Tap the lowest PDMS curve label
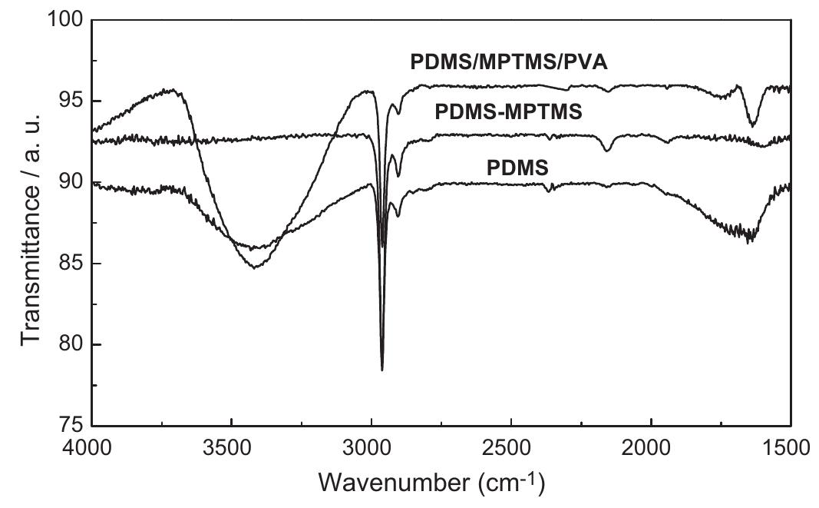(518, 167)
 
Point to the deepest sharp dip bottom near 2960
(382, 370)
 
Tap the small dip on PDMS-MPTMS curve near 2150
(607, 150)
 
